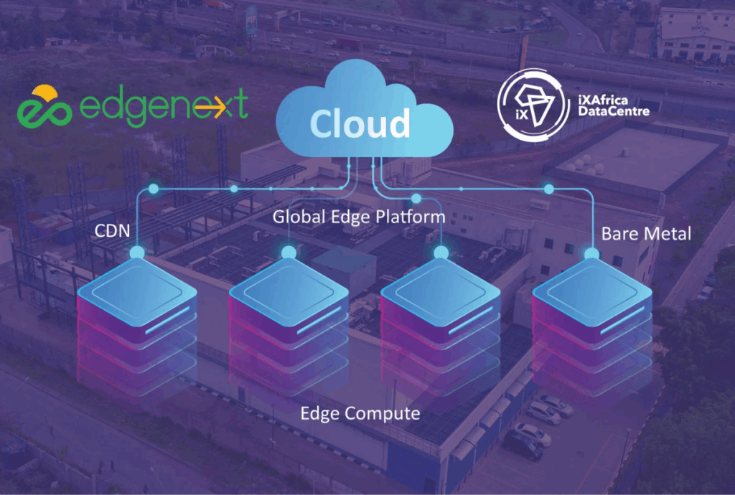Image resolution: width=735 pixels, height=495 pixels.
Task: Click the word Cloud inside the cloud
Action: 360,124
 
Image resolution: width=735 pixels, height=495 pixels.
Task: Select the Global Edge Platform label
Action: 358,215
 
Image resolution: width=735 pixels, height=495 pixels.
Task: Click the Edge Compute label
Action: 360,413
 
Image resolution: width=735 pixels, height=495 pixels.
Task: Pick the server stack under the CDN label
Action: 136,316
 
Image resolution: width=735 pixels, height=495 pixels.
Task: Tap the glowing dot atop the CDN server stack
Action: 136,253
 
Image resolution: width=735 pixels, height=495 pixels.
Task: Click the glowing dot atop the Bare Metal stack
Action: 592,253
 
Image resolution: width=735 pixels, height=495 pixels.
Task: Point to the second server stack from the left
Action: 289,316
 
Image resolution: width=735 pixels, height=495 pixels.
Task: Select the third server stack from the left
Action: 440,316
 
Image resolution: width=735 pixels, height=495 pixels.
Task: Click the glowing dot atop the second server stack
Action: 289,253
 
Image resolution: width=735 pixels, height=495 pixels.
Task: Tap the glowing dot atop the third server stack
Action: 440,253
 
